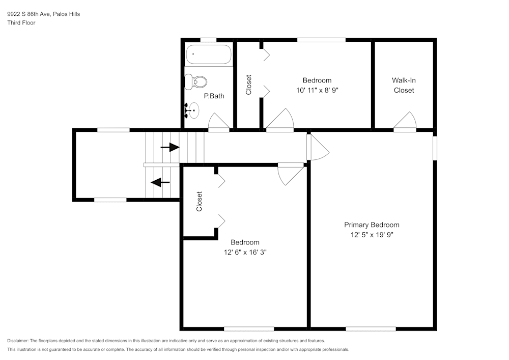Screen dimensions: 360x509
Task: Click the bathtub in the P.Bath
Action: pyautogui.click(x=209, y=54)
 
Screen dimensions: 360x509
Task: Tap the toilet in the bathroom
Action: pyautogui.click(x=196, y=81)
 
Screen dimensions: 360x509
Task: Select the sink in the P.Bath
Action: pyautogui.click(x=192, y=110)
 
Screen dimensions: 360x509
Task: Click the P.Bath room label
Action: pyautogui.click(x=214, y=96)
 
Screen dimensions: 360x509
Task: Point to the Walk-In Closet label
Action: pyautogui.click(x=404, y=85)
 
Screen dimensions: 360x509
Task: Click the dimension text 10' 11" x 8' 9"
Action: pyautogui.click(x=317, y=90)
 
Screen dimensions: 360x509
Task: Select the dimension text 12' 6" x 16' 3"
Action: pyautogui.click(x=245, y=252)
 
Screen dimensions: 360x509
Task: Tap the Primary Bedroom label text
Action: pyautogui.click(x=372, y=225)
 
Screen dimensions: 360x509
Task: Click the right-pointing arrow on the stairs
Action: pyautogui.click(x=170, y=148)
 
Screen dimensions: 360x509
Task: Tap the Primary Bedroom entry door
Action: pyautogui.click(x=318, y=148)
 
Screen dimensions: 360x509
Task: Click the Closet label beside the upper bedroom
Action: pyautogui.click(x=249, y=85)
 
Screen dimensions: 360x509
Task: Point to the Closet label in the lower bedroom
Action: pyautogui.click(x=199, y=202)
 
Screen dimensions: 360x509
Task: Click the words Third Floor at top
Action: pyautogui.click(x=21, y=23)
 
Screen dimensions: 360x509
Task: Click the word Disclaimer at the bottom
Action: pyautogui.click(x=18, y=340)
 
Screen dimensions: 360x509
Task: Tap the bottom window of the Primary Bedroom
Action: pyautogui.click(x=371, y=329)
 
